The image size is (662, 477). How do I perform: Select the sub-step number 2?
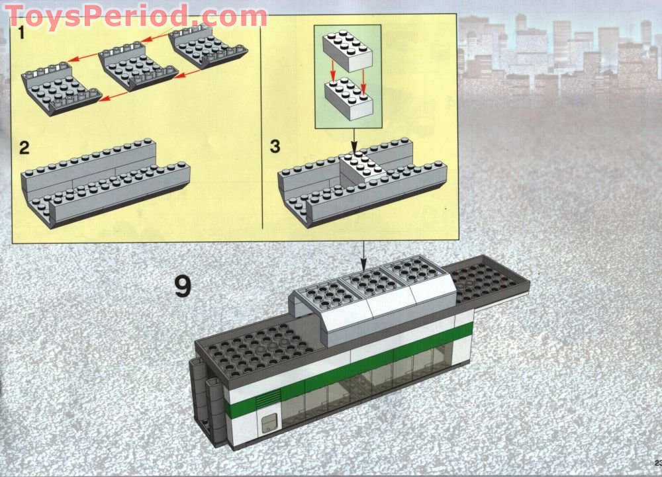[24, 147]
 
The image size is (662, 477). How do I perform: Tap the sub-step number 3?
[275, 147]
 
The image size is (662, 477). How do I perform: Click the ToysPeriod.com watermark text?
[136, 15]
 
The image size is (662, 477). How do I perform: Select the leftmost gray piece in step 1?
[58, 89]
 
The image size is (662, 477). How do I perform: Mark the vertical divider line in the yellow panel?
[263, 126]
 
